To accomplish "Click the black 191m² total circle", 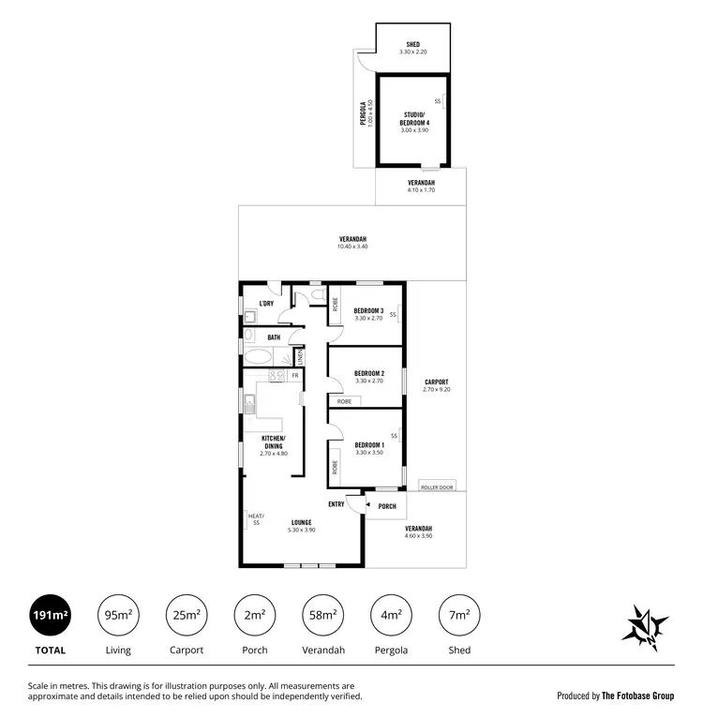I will tap(51, 615).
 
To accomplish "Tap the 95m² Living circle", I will tap(118, 615).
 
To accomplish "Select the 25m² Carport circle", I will tap(186, 615).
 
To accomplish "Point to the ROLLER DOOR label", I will tap(437, 487).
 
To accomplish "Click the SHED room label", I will tap(412, 44).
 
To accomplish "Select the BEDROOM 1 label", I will tap(369, 444).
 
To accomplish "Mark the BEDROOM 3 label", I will tap(369, 310).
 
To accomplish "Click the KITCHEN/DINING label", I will tap(274, 441).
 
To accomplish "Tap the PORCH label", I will tap(387, 506).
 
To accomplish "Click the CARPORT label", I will tap(437, 381).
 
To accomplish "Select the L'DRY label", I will tap(266, 303).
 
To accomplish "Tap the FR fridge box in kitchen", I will tap(294, 375).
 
